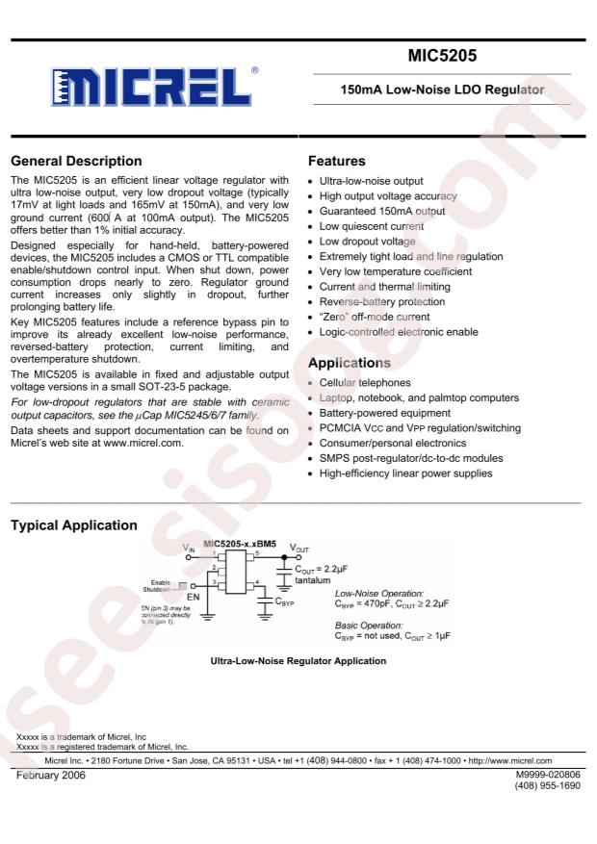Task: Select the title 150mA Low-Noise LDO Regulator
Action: [443, 90]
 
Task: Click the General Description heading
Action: [75, 161]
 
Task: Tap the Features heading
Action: [336, 161]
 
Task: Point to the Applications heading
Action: [349, 363]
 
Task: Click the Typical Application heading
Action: [72, 525]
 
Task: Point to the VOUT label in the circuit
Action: [300, 546]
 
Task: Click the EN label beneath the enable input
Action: [192, 597]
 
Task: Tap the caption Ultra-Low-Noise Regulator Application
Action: [298, 661]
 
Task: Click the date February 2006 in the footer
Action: [50, 775]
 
